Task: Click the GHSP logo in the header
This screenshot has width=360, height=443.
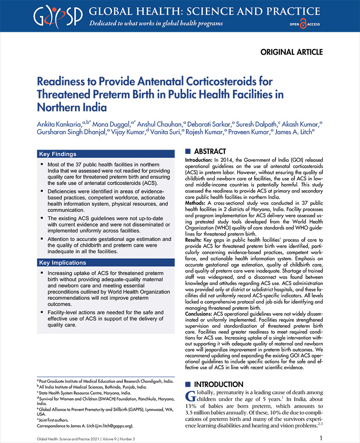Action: (x=58, y=15)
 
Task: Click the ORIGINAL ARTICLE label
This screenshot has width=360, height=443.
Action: (x=291, y=52)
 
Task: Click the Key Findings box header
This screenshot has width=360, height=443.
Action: (x=58, y=154)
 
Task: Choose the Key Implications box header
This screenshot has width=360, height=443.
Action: (x=63, y=263)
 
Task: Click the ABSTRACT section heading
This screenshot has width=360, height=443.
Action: (x=210, y=152)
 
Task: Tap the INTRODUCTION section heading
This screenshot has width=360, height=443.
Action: (x=219, y=385)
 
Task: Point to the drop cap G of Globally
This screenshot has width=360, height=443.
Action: (x=191, y=396)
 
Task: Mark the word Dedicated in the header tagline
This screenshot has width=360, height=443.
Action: (x=105, y=22)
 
